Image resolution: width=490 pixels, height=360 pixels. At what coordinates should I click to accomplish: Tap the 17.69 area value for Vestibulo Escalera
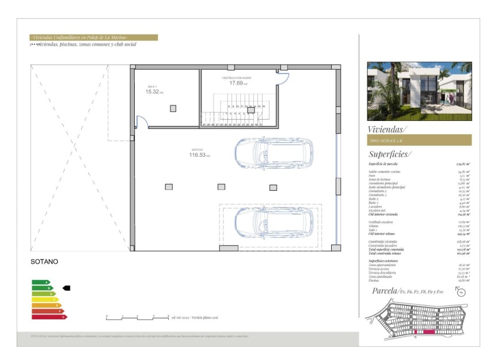click(x=236, y=83)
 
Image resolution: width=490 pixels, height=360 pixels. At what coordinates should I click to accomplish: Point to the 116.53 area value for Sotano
click(x=197, y=154)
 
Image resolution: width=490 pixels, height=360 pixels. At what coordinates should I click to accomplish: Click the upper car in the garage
click(x=274, y=153)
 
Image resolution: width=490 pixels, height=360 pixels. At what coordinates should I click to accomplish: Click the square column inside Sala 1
click(x=173, y=108)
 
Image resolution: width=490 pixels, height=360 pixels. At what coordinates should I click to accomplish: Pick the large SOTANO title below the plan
click(x=44, y=262)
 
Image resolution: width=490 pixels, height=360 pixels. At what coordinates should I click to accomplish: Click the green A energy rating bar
click(x=40, y=282)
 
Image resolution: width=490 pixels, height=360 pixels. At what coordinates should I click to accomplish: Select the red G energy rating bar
click(x=49, y=317)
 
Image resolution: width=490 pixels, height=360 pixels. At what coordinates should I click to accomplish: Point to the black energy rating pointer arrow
click(x=66, y=287)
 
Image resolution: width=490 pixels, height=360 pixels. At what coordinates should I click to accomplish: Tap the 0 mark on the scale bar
click(x=107, y=317)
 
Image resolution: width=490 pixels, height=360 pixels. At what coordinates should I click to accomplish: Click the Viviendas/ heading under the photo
click(x=387, y=129)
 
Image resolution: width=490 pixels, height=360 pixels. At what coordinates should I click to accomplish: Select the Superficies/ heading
click(x=390, y=154)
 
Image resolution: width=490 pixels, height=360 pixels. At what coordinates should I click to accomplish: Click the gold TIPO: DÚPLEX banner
click(x=419, y=141)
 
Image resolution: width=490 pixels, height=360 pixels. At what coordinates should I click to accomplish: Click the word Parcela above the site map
click(x=385, y=291)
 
